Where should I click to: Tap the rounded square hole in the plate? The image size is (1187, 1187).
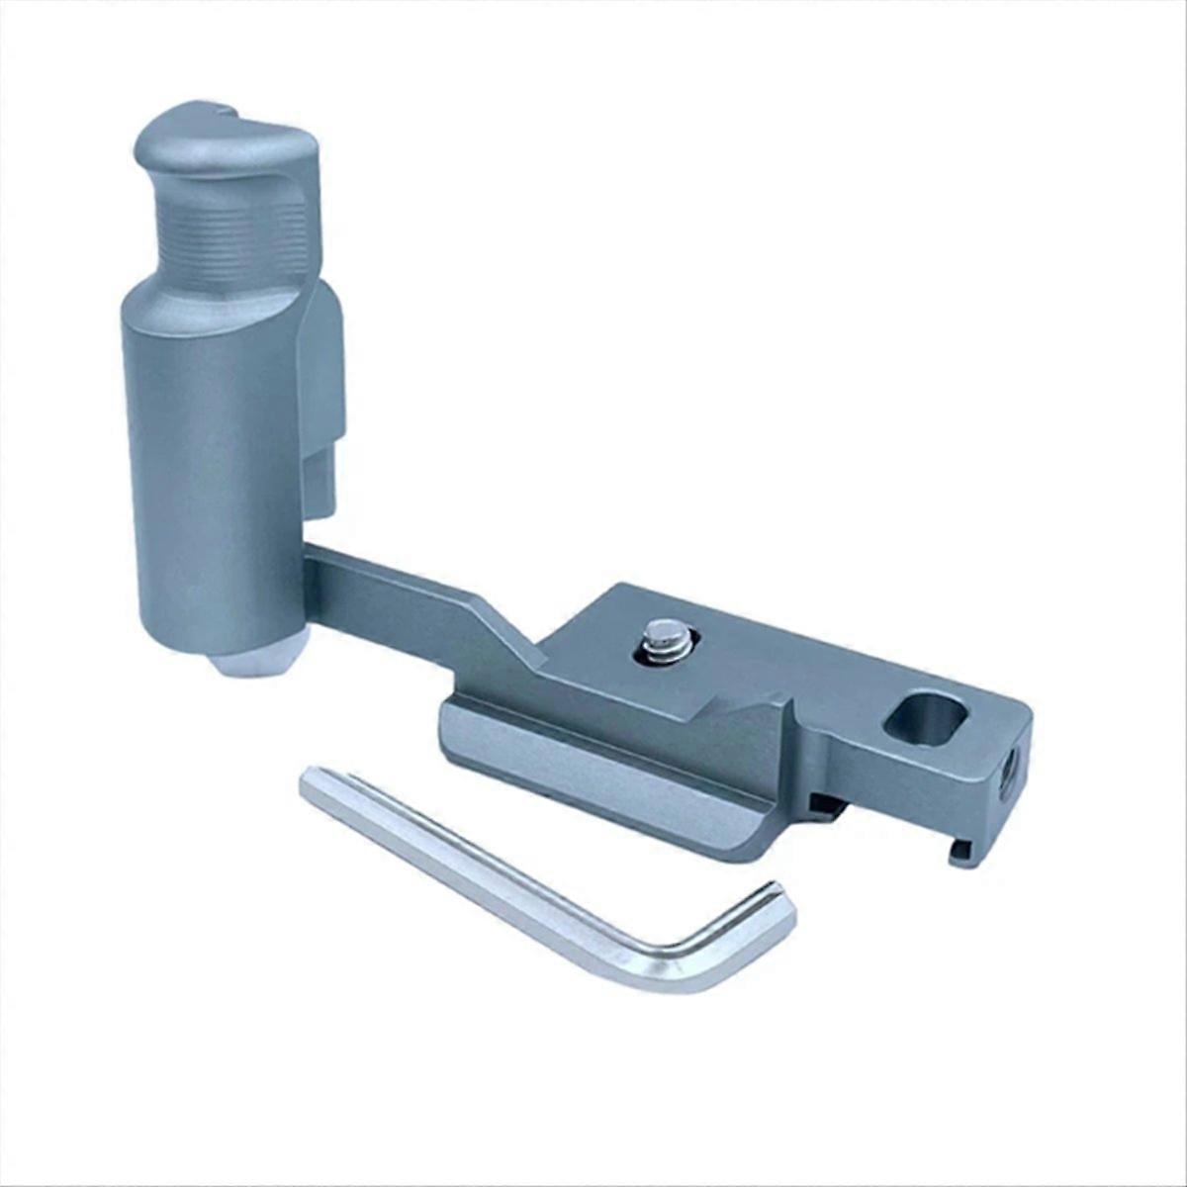[x=925, y=716]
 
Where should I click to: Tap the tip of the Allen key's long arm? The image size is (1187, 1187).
[x=313, y=780]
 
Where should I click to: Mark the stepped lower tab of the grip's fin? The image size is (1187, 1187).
[x=320, y=485]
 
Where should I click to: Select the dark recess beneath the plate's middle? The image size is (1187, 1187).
[x=826, y=806]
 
